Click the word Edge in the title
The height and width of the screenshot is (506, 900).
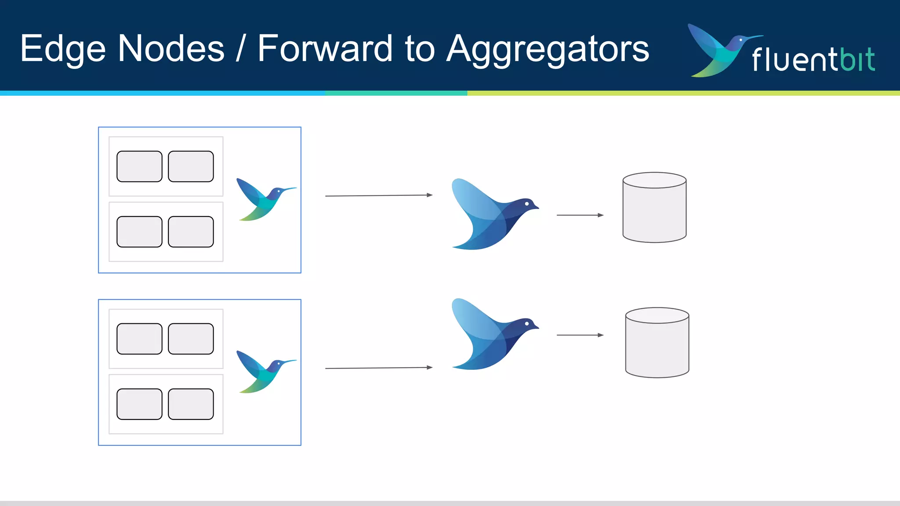click(63, 49)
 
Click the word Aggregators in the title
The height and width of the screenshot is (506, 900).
click(548, 49)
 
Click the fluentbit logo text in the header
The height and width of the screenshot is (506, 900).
click(813, 60)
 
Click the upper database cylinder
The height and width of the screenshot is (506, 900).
click(654, 208)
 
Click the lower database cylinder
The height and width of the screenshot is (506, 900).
click(657, 343)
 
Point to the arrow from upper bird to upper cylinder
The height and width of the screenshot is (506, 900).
click(580, 215)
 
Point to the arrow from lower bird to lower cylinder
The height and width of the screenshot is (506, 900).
click(580, 335)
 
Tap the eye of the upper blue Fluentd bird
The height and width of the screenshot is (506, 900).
click(527, 204)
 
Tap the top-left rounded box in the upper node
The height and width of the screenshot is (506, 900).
click(139, 166)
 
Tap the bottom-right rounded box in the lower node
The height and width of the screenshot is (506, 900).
click(191, 404)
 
